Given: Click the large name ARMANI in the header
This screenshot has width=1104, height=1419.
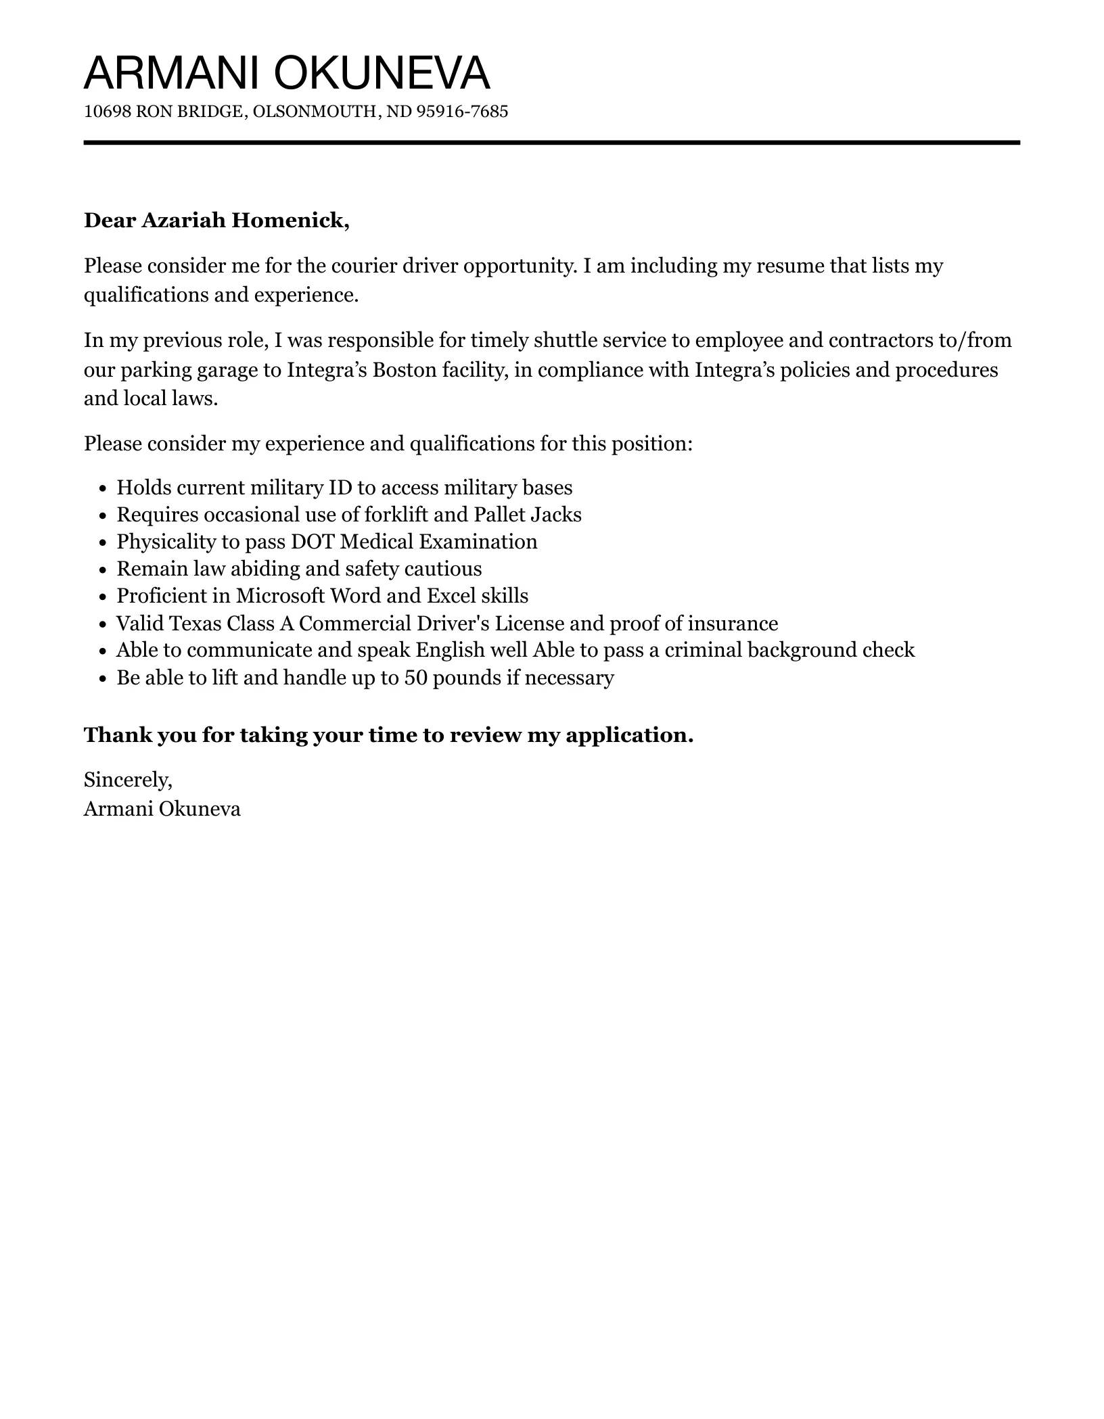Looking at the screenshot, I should pyautogui.click(x=172, y=73).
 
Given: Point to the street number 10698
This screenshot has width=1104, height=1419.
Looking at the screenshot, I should pyautogui.click(x=108, y=112).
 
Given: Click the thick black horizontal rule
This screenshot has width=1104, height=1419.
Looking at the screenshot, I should pyautogui.click(x=551, y=143).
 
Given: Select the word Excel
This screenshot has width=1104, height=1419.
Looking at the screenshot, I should pyautogui.click(x=451, y=597).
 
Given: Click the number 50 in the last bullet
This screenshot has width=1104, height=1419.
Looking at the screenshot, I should pyautogui.click(x=415, y=678).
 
